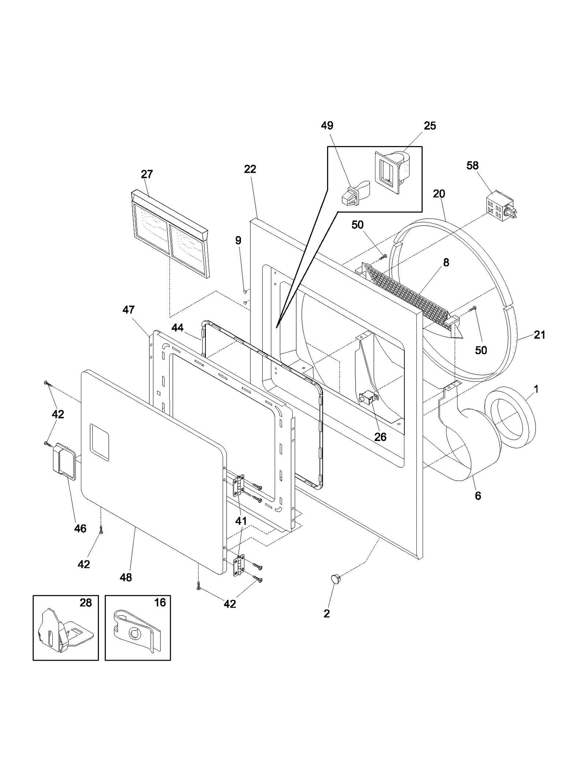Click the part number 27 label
(x=146, y=174)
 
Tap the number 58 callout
(x=472, y=165)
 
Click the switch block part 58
(x=500, y=207)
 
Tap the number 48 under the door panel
(x=126, y=577)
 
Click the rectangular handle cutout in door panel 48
(x=99, y=442)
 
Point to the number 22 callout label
(x=250, y=169)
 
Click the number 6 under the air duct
(x=478, y=496)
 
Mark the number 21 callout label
(x=539, y=335)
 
